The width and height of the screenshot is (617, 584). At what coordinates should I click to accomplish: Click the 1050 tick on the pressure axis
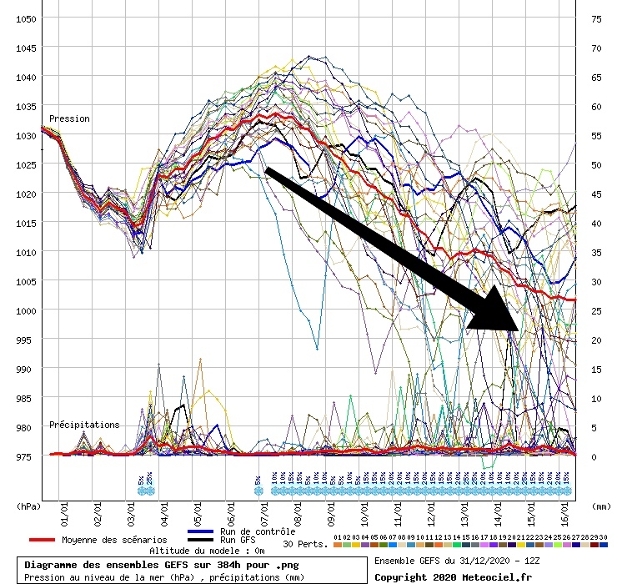click(25, 18)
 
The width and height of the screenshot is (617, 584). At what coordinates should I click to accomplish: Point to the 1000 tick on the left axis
click(25, 310)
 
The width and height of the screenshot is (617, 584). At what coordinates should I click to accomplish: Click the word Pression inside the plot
click(69, 118)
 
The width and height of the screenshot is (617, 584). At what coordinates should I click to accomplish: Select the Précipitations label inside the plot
click(84, 425)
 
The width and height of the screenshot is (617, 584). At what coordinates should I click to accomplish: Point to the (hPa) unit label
click(29, 506)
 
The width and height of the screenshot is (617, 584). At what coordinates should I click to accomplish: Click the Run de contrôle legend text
click(257, 531)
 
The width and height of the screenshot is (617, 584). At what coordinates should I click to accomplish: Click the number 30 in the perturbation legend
click(604, 537)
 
